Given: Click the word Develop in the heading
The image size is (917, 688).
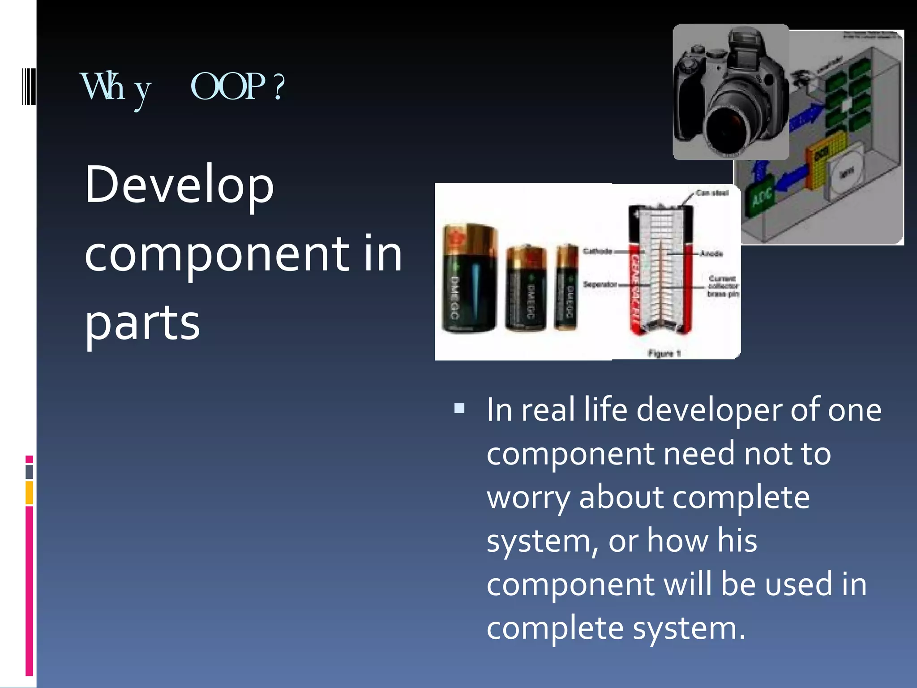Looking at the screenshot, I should (179, 185).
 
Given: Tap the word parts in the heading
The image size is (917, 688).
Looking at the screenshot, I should (142, 322).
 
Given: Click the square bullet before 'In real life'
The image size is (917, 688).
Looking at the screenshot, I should (459, 408).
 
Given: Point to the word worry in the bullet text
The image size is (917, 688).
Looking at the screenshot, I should (528, 498).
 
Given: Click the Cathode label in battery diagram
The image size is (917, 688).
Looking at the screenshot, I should (597, 251).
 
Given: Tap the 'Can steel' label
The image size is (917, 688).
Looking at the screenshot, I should (712, 193).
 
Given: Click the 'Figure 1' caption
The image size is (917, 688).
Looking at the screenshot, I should (664, 353).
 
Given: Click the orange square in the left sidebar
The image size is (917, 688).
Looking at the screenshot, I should (29, 492).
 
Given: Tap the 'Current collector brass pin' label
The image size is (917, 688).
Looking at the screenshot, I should (723, 286).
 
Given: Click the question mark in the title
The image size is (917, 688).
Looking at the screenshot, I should (279, 87).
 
